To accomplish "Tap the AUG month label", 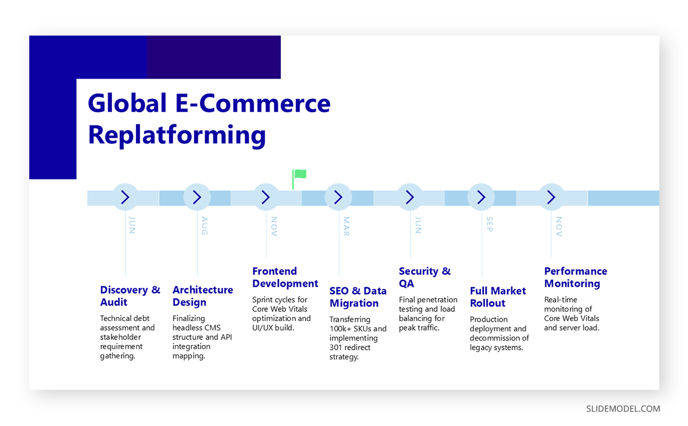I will coord(205,225).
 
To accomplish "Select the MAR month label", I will coord(346,225).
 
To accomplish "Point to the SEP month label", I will coord(489,224).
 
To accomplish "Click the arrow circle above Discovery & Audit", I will coord(125,198).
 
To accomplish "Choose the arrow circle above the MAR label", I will coord(338,198).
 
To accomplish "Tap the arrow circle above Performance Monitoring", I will coord(551,198).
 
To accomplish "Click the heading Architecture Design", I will coord(202,296).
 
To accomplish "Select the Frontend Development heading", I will coord(285,278).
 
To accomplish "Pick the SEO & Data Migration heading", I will coord(358,297).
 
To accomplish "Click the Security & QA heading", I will coord(424,278).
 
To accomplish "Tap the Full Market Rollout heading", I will coord(498,297).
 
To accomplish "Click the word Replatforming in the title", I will coord(177,135).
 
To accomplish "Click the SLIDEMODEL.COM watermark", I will coord(623,409).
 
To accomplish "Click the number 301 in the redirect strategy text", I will coord(336,347).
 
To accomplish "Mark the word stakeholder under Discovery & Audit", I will coord(120,337).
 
